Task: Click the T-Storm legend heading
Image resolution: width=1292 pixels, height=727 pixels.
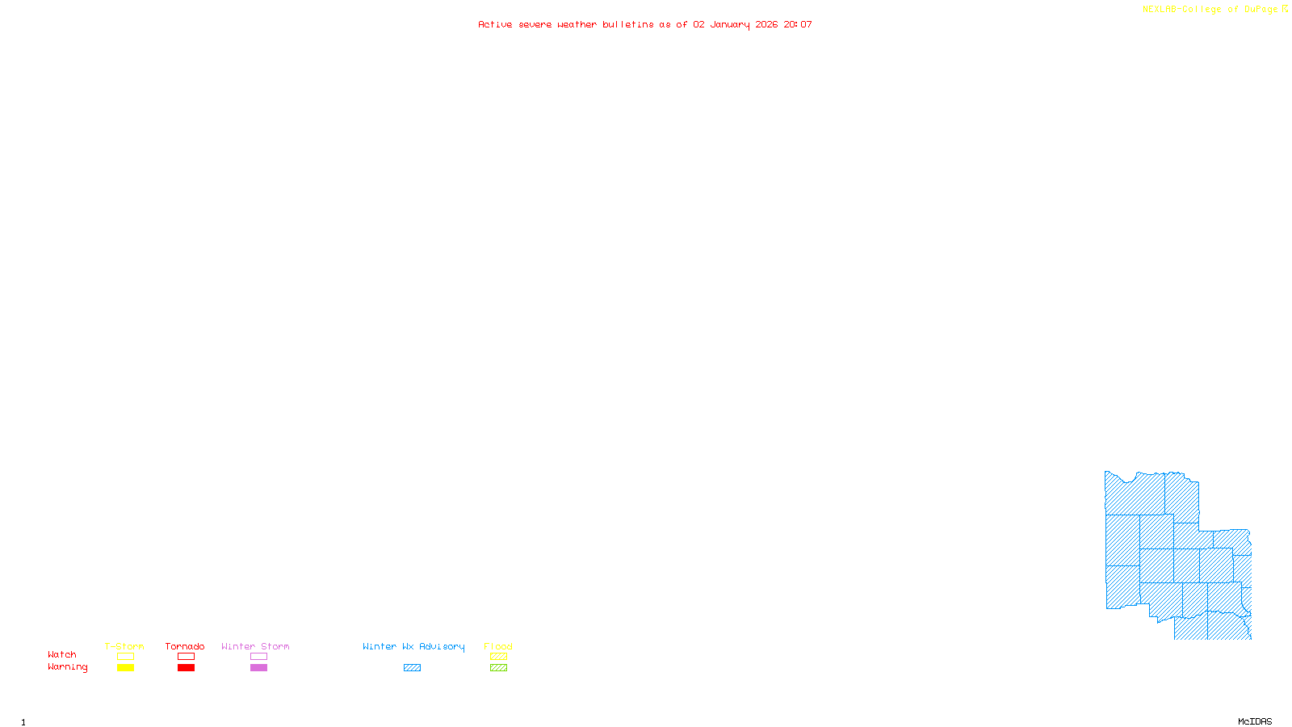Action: coord(124,646)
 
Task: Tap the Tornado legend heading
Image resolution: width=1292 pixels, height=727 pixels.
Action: coord(185,646)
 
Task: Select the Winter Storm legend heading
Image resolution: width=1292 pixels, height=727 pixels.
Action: coord(255,646)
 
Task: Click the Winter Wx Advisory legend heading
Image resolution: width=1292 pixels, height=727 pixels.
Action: coord(413,646)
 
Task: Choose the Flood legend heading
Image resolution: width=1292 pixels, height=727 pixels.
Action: coord(498,646)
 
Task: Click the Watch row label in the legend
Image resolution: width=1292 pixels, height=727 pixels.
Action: coord(62,654)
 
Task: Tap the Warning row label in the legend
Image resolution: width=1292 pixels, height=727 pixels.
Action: coord(67,667)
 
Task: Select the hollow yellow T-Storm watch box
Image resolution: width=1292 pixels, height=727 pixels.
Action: coord(125,657)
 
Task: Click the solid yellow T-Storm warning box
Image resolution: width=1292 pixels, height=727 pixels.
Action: coord(125,668)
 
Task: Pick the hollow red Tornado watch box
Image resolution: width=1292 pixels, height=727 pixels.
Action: coord(186,657)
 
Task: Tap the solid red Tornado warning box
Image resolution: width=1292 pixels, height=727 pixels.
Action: coord(186,668)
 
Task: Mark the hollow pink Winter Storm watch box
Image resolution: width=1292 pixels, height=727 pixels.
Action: coord(258,657)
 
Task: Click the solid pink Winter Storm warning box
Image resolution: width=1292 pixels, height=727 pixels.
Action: coord(258,668)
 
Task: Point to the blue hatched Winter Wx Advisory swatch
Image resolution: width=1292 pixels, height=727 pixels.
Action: coord(412,668)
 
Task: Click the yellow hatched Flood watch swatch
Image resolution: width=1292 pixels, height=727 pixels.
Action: coord(498,657)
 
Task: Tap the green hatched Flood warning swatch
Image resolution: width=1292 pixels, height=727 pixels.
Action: coord(498,668)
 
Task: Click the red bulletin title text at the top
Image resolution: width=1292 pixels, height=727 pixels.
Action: coord(645,24)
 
